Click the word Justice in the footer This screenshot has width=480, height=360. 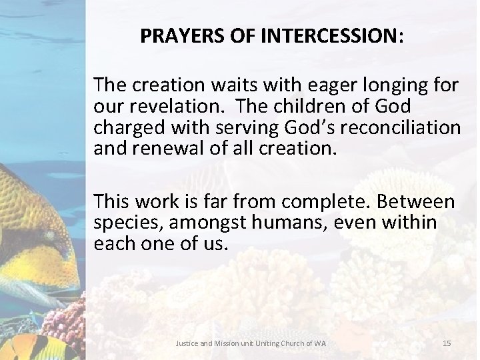point(185,343)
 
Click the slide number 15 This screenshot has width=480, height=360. point(447,343)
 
